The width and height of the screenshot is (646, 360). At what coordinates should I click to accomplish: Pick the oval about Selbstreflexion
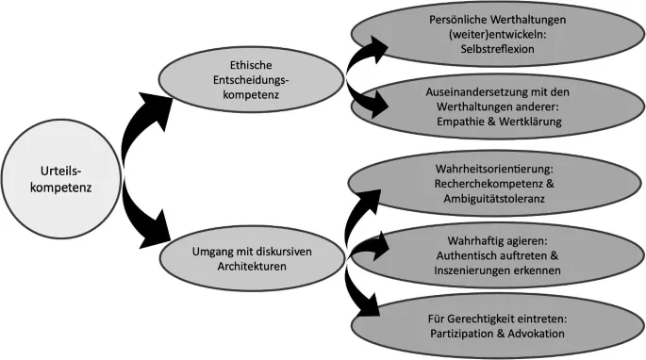pyautogui.click(x=493, y=33)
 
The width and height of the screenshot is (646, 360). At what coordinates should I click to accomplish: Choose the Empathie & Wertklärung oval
pyautogui.click(x=493, y=106)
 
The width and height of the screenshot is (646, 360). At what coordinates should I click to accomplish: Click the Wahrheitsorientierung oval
pyautogui.click(x=493, y=185)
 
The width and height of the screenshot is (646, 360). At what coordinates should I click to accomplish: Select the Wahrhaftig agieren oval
pyautogui.click(x=493, y=254)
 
